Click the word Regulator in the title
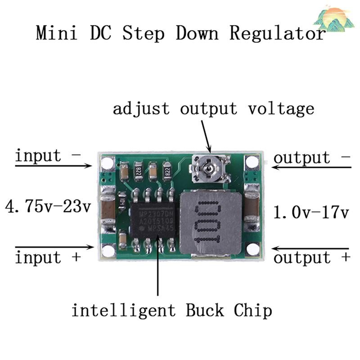pos(277,34)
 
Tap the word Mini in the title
pos(56,34)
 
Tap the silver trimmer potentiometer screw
pos(208,170)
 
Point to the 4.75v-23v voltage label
pos(48,207)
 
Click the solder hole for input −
pos(107,163)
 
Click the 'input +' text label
pos(48,258)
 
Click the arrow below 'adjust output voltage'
pos(204,135)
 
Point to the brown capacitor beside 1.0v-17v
pos(252,207)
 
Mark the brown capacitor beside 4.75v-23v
pos(108,210)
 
